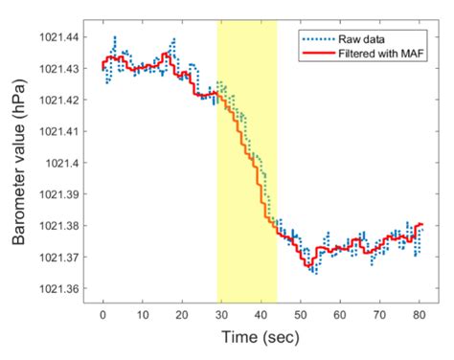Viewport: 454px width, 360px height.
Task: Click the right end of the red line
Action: pos(420,225)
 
